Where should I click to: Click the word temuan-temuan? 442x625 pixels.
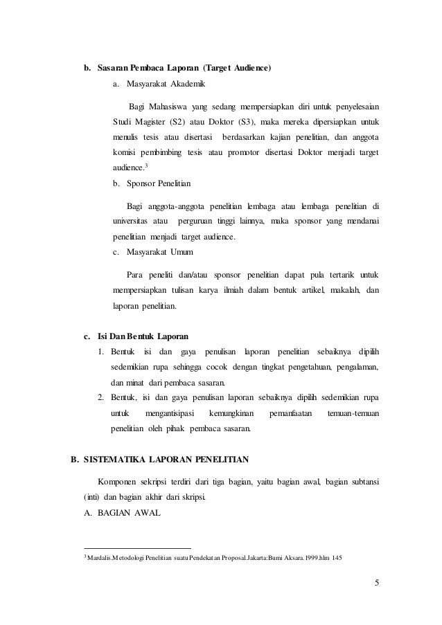353,413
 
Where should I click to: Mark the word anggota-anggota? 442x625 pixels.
182,206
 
